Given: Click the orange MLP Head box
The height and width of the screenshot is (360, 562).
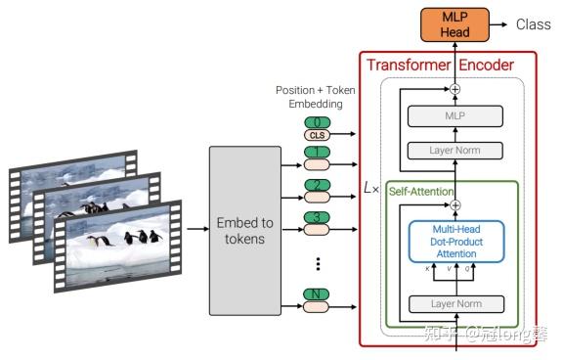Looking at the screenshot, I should (x=454, y=23).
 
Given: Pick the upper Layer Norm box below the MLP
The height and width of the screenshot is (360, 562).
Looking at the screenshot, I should (x=454, y=151).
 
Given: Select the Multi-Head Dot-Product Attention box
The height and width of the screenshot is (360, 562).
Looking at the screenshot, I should (x=454, y=240).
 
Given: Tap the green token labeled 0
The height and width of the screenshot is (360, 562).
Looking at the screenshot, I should (x=316, y=122).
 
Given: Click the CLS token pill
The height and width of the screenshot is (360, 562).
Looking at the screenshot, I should (x=316, y=135).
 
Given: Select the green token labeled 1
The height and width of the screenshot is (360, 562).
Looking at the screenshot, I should (x=316, y=154).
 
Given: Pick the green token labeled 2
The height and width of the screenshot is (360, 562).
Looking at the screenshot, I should (x=316, y=185).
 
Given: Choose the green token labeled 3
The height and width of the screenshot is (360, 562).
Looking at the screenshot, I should (x=316, y=217).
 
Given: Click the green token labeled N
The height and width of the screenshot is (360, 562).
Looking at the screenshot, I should (x=316, y=293).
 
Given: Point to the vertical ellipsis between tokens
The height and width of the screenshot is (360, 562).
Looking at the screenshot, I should (x=317, y=263).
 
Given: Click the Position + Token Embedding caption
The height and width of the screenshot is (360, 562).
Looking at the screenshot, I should (x=315, y=97).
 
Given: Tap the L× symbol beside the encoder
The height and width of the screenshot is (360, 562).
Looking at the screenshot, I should (x=370, y=187).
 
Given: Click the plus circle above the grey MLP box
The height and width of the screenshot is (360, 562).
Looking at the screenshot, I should (x=454, y=89).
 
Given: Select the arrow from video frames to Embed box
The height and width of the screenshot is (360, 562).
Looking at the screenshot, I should (x=195, y=228).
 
